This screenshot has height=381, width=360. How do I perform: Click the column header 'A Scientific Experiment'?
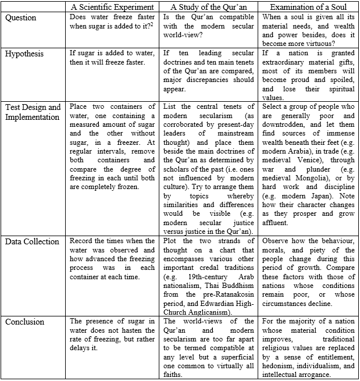tap(112, 7)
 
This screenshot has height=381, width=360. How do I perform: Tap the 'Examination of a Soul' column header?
tap(308, 7)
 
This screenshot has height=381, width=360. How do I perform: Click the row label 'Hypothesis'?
tap(25, 53)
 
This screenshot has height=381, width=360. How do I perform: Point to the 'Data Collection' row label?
tap(32, 241)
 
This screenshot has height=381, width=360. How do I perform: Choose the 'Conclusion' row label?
tap(26, 321)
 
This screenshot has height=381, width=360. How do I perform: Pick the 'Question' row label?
tap(21, 17)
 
